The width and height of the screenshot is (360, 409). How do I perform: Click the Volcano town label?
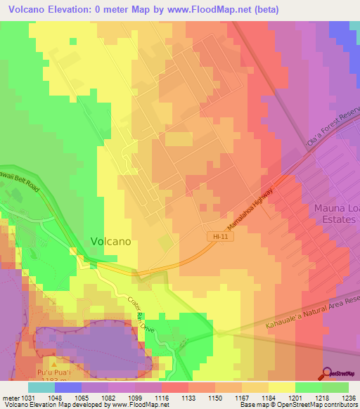click(x=110, y=241)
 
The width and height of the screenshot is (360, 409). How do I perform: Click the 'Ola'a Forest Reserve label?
click(x=330, y=129)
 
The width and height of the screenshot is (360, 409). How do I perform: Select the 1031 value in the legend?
click(x=29, y=397)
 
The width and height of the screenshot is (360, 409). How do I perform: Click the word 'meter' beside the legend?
click(x=10, y=397)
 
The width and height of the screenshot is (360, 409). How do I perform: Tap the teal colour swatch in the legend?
click(x=41, y=387)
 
